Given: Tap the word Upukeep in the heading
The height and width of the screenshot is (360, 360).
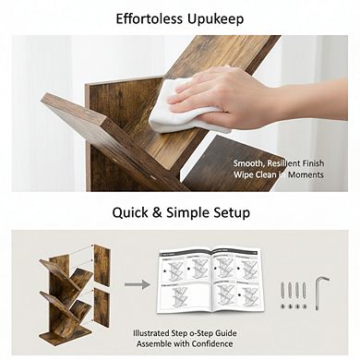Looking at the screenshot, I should coord(217,18).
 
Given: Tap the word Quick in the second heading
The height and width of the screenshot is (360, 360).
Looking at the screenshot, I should coord(132,212).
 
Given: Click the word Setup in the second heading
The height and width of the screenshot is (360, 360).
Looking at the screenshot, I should coord(226,212).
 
